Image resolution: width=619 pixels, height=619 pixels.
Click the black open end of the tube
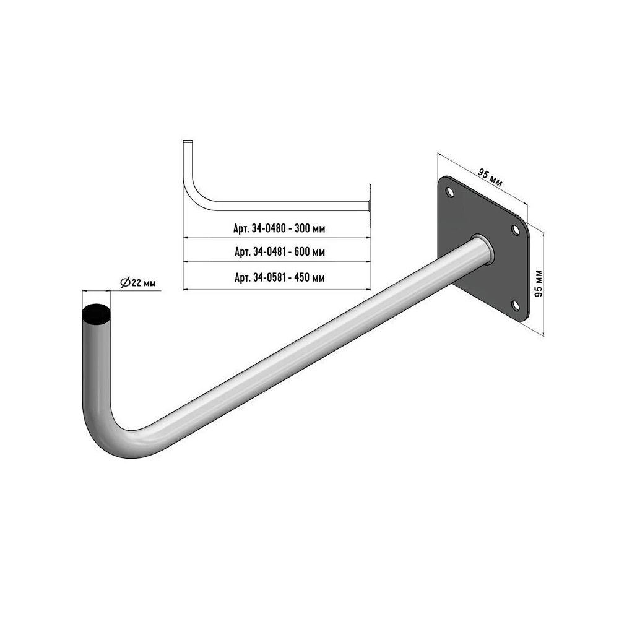97,314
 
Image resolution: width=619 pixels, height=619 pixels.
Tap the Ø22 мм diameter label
138,283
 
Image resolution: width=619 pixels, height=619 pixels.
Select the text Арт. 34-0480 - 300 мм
279,228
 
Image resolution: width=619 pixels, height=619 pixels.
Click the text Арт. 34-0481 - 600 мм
280,252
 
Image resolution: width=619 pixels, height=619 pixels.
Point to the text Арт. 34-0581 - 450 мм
280,277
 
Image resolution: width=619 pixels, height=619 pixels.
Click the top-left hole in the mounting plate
449,193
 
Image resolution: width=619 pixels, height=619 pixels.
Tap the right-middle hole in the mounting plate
515,230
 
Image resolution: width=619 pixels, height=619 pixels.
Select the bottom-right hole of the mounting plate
515,305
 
